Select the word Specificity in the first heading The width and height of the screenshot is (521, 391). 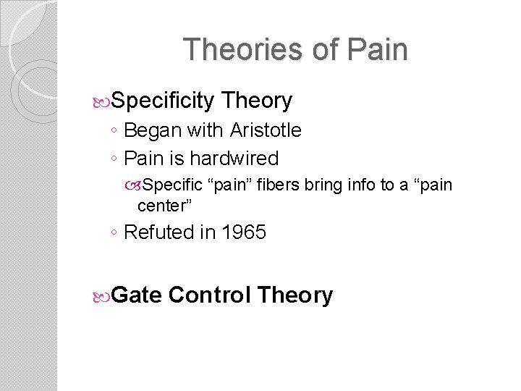164,101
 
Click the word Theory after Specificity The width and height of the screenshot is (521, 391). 257,101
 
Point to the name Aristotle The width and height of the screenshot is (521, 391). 266,130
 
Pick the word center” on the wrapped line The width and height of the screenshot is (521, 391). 164,206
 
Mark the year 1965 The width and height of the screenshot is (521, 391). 243,232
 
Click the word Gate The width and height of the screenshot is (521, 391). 137,295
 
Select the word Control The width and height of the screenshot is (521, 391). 209,295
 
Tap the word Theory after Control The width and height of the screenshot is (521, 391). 295,295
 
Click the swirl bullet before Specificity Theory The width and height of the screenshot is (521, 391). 102,101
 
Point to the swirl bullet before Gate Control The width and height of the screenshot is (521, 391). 102,296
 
